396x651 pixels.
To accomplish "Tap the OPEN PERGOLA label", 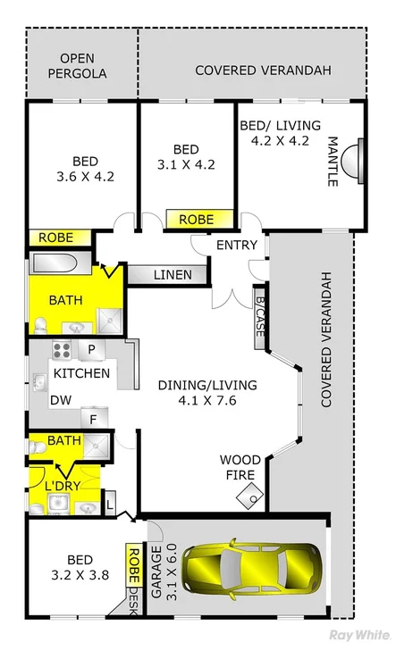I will tap(83, 66).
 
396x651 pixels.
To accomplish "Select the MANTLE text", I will tap(333, 162).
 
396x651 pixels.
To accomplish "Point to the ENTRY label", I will tap(236, 245).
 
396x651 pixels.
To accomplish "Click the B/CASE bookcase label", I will tap(259, 317).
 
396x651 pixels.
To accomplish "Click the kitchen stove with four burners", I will tap(62, 350).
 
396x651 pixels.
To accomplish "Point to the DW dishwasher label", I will tap(61, 401).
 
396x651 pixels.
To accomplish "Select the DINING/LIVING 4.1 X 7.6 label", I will tap(207, 393).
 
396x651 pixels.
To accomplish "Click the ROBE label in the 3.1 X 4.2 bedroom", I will tap(196, 219).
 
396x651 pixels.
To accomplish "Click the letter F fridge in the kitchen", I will tap(92, 416).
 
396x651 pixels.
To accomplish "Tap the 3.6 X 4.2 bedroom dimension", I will tap(85, 176).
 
